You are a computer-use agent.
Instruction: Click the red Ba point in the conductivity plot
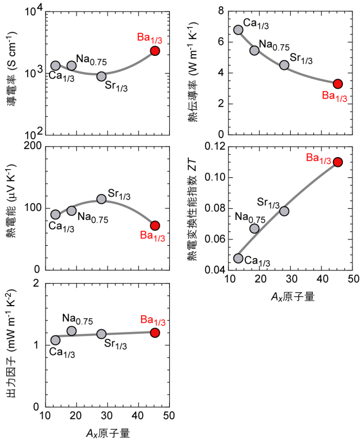154,51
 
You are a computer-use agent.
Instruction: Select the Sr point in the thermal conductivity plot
284,65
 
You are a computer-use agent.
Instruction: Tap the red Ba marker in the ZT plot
338,162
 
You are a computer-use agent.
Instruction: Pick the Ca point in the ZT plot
238,258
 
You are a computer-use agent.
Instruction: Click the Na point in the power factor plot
71,331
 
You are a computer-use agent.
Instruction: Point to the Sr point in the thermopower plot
101,199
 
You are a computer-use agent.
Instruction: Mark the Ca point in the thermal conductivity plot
238,29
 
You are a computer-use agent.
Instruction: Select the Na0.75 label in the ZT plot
250,218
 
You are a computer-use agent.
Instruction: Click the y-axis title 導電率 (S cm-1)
10,73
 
